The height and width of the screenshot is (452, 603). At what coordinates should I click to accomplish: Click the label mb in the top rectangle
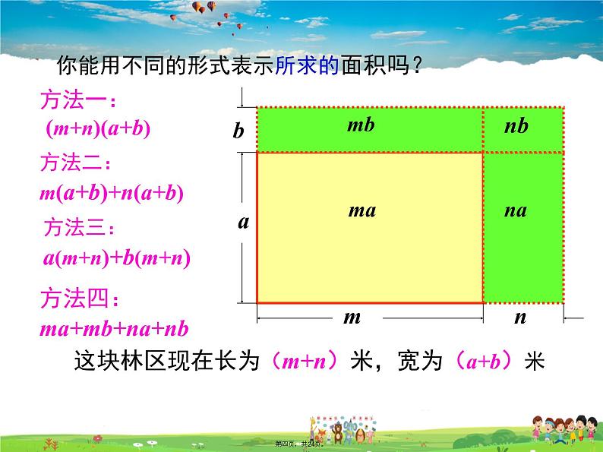(x=361, y=125)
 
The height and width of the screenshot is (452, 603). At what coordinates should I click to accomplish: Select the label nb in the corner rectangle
(x=516, y=126)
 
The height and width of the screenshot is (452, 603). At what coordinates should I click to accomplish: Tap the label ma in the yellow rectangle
(x=361, y=210)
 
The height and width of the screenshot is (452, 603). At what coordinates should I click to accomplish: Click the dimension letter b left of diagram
(x=238, y=131)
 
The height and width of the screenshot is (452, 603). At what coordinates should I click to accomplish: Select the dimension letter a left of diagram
(x=243, y=223)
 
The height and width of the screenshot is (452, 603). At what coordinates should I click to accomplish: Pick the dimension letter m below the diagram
(x=352, y=318)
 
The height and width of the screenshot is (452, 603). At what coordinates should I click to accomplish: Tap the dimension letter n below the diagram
(x=519, y=318)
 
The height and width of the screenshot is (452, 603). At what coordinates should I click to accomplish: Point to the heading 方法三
(x=81, y=227)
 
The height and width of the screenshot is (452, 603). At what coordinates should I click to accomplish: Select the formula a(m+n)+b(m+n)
(x=116, y=258)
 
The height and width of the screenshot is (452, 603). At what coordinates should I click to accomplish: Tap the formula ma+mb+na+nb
(x=113, y=329)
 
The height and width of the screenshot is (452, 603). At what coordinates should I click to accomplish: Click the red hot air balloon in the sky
(x=200, y=7)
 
